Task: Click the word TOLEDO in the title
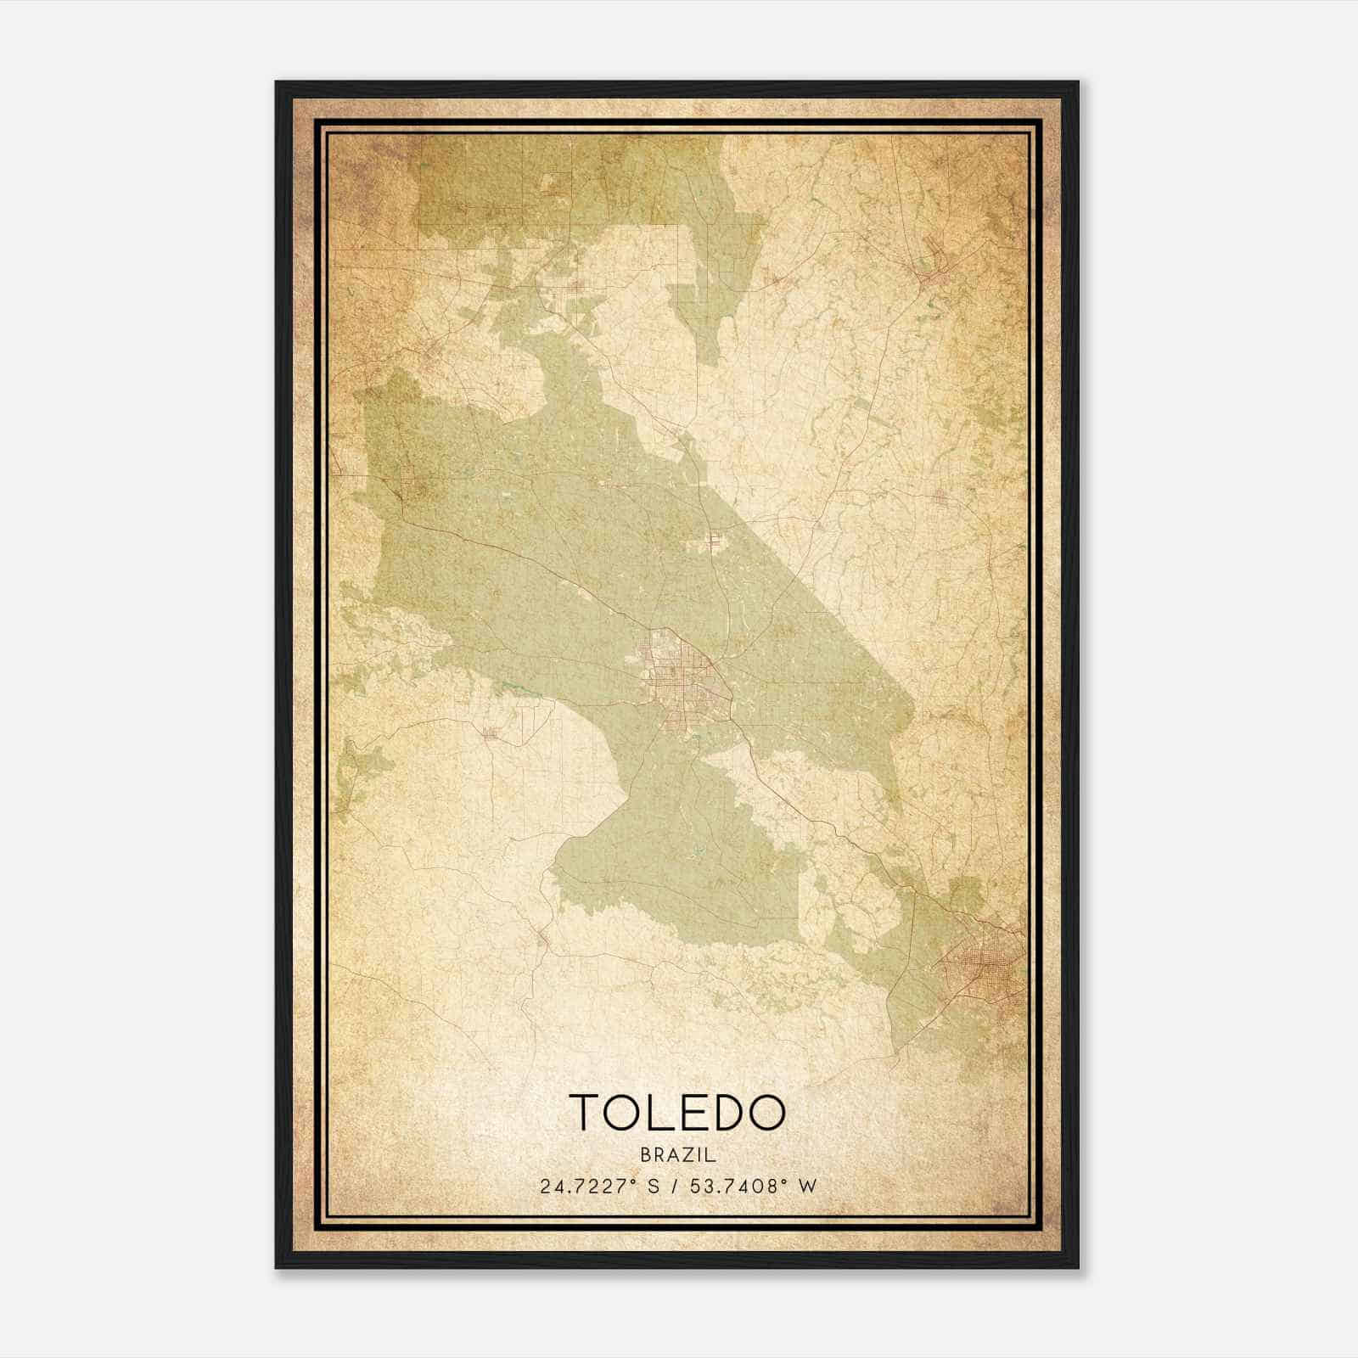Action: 677,1112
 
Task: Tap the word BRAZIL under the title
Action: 678,1155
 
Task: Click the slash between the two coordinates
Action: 673,1186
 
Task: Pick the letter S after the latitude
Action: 654,1186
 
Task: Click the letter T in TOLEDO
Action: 586,1112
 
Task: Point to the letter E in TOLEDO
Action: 693,1112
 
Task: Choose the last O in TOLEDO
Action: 766,1112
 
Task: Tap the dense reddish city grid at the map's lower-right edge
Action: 985,968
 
